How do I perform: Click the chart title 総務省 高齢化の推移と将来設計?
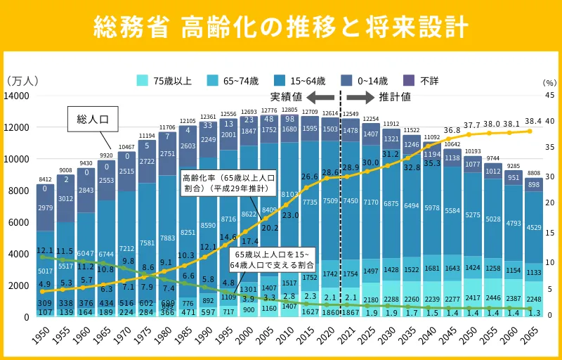tap(281, 26)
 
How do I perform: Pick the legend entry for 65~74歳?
tap(235, 81)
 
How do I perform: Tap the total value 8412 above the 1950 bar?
tap(45, 179)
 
